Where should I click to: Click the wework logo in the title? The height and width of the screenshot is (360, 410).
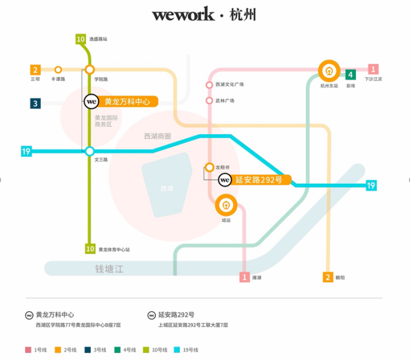[183, 14]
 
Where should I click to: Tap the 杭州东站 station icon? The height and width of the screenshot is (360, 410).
[329, 71]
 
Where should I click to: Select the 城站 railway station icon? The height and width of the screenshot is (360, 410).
[226, 205]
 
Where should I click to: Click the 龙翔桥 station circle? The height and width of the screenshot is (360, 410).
[209, 167]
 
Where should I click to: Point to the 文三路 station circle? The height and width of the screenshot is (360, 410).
[90, 151]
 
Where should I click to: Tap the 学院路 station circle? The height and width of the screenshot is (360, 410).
[90, 69]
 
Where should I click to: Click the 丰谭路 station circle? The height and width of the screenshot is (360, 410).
[58, 69]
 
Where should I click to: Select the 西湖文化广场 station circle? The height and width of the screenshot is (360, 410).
[209, 85]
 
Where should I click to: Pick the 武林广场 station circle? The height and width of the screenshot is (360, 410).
[209, 100]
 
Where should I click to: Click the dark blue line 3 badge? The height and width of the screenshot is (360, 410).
[35, 103]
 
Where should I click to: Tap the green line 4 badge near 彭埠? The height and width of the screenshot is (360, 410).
[350, 75]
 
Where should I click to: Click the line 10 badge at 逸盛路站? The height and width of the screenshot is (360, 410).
[81, 39]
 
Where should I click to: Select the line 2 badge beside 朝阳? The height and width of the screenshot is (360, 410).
[328, 277]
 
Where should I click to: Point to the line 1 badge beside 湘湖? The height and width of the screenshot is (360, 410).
[244, 277]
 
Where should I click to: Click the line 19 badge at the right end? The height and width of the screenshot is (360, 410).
[372, 186]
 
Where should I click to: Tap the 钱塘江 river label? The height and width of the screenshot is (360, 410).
[109, 269]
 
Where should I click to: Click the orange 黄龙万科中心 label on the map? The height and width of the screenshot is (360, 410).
[126, 102]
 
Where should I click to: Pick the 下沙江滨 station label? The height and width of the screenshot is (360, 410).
[373, 79]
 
